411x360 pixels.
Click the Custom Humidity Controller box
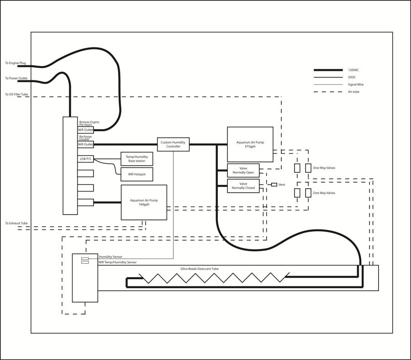coord(173,144)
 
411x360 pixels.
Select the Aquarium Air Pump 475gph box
coord(250,144)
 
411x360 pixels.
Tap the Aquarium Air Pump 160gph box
coord(144,202)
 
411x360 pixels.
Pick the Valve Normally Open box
coord(243,170)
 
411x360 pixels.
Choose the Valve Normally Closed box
coord(243,186)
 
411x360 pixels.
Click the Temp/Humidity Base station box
coord(137,159)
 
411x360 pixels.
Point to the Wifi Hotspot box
coord(137,175)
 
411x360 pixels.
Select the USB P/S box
coord(85,159)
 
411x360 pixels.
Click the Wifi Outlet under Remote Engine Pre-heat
coord(85,130)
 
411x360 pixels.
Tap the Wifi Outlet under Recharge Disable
coord(85,144)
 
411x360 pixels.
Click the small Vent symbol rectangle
coord(274,185)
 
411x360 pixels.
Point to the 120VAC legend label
coord(353,70)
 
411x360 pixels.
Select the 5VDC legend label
coord(352,77)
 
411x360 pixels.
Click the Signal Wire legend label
coord(356,85)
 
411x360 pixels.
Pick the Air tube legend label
coord(353,92)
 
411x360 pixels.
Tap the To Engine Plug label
coord(16,63)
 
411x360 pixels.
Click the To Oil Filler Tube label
coord(16,95)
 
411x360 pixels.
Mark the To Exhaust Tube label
coord(16,223)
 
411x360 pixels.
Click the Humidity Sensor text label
coord(111,257)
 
